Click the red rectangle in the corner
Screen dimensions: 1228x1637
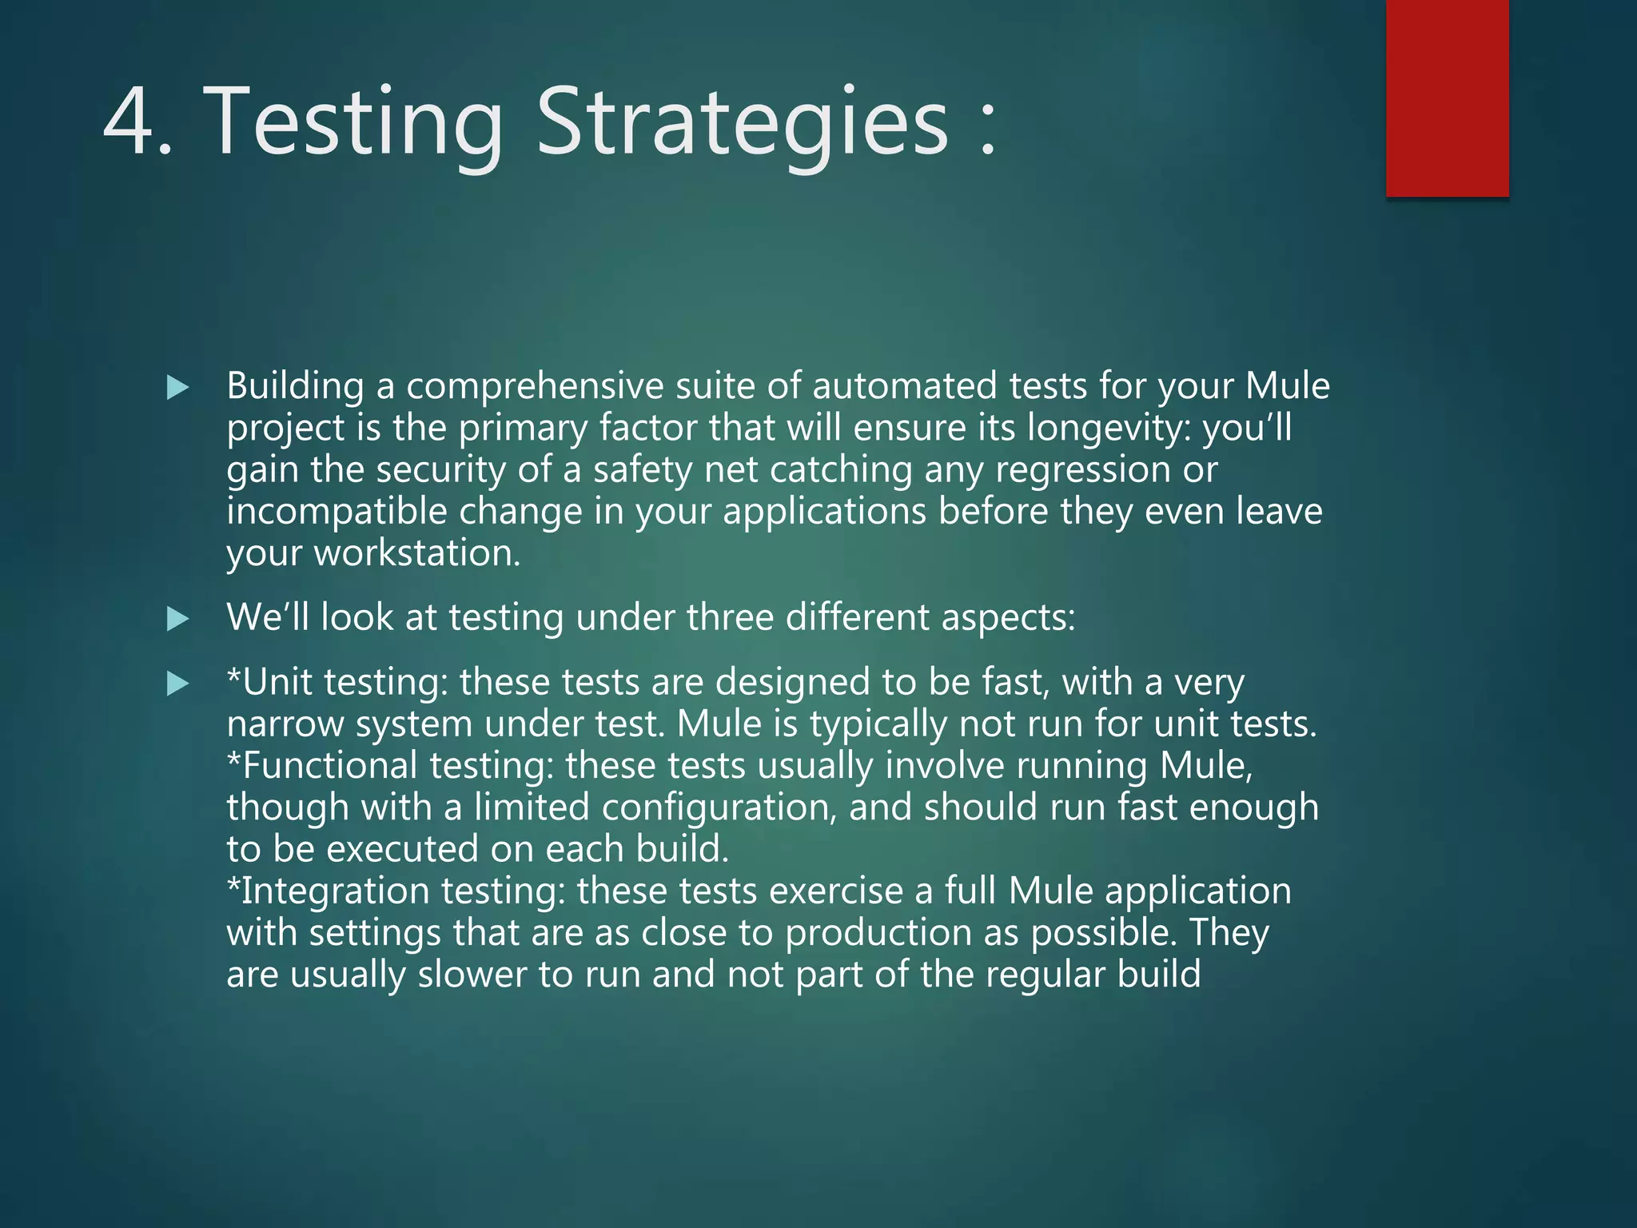[1447, 98]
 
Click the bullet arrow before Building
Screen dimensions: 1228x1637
[177, 389]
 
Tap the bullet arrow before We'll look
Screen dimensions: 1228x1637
[177, 619]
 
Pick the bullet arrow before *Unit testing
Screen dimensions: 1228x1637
[177, 684]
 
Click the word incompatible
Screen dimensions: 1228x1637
[337, 512]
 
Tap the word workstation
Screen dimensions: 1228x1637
[416, 553]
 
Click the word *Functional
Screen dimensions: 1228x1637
[322, 766]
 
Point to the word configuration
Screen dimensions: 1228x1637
[719, 808]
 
